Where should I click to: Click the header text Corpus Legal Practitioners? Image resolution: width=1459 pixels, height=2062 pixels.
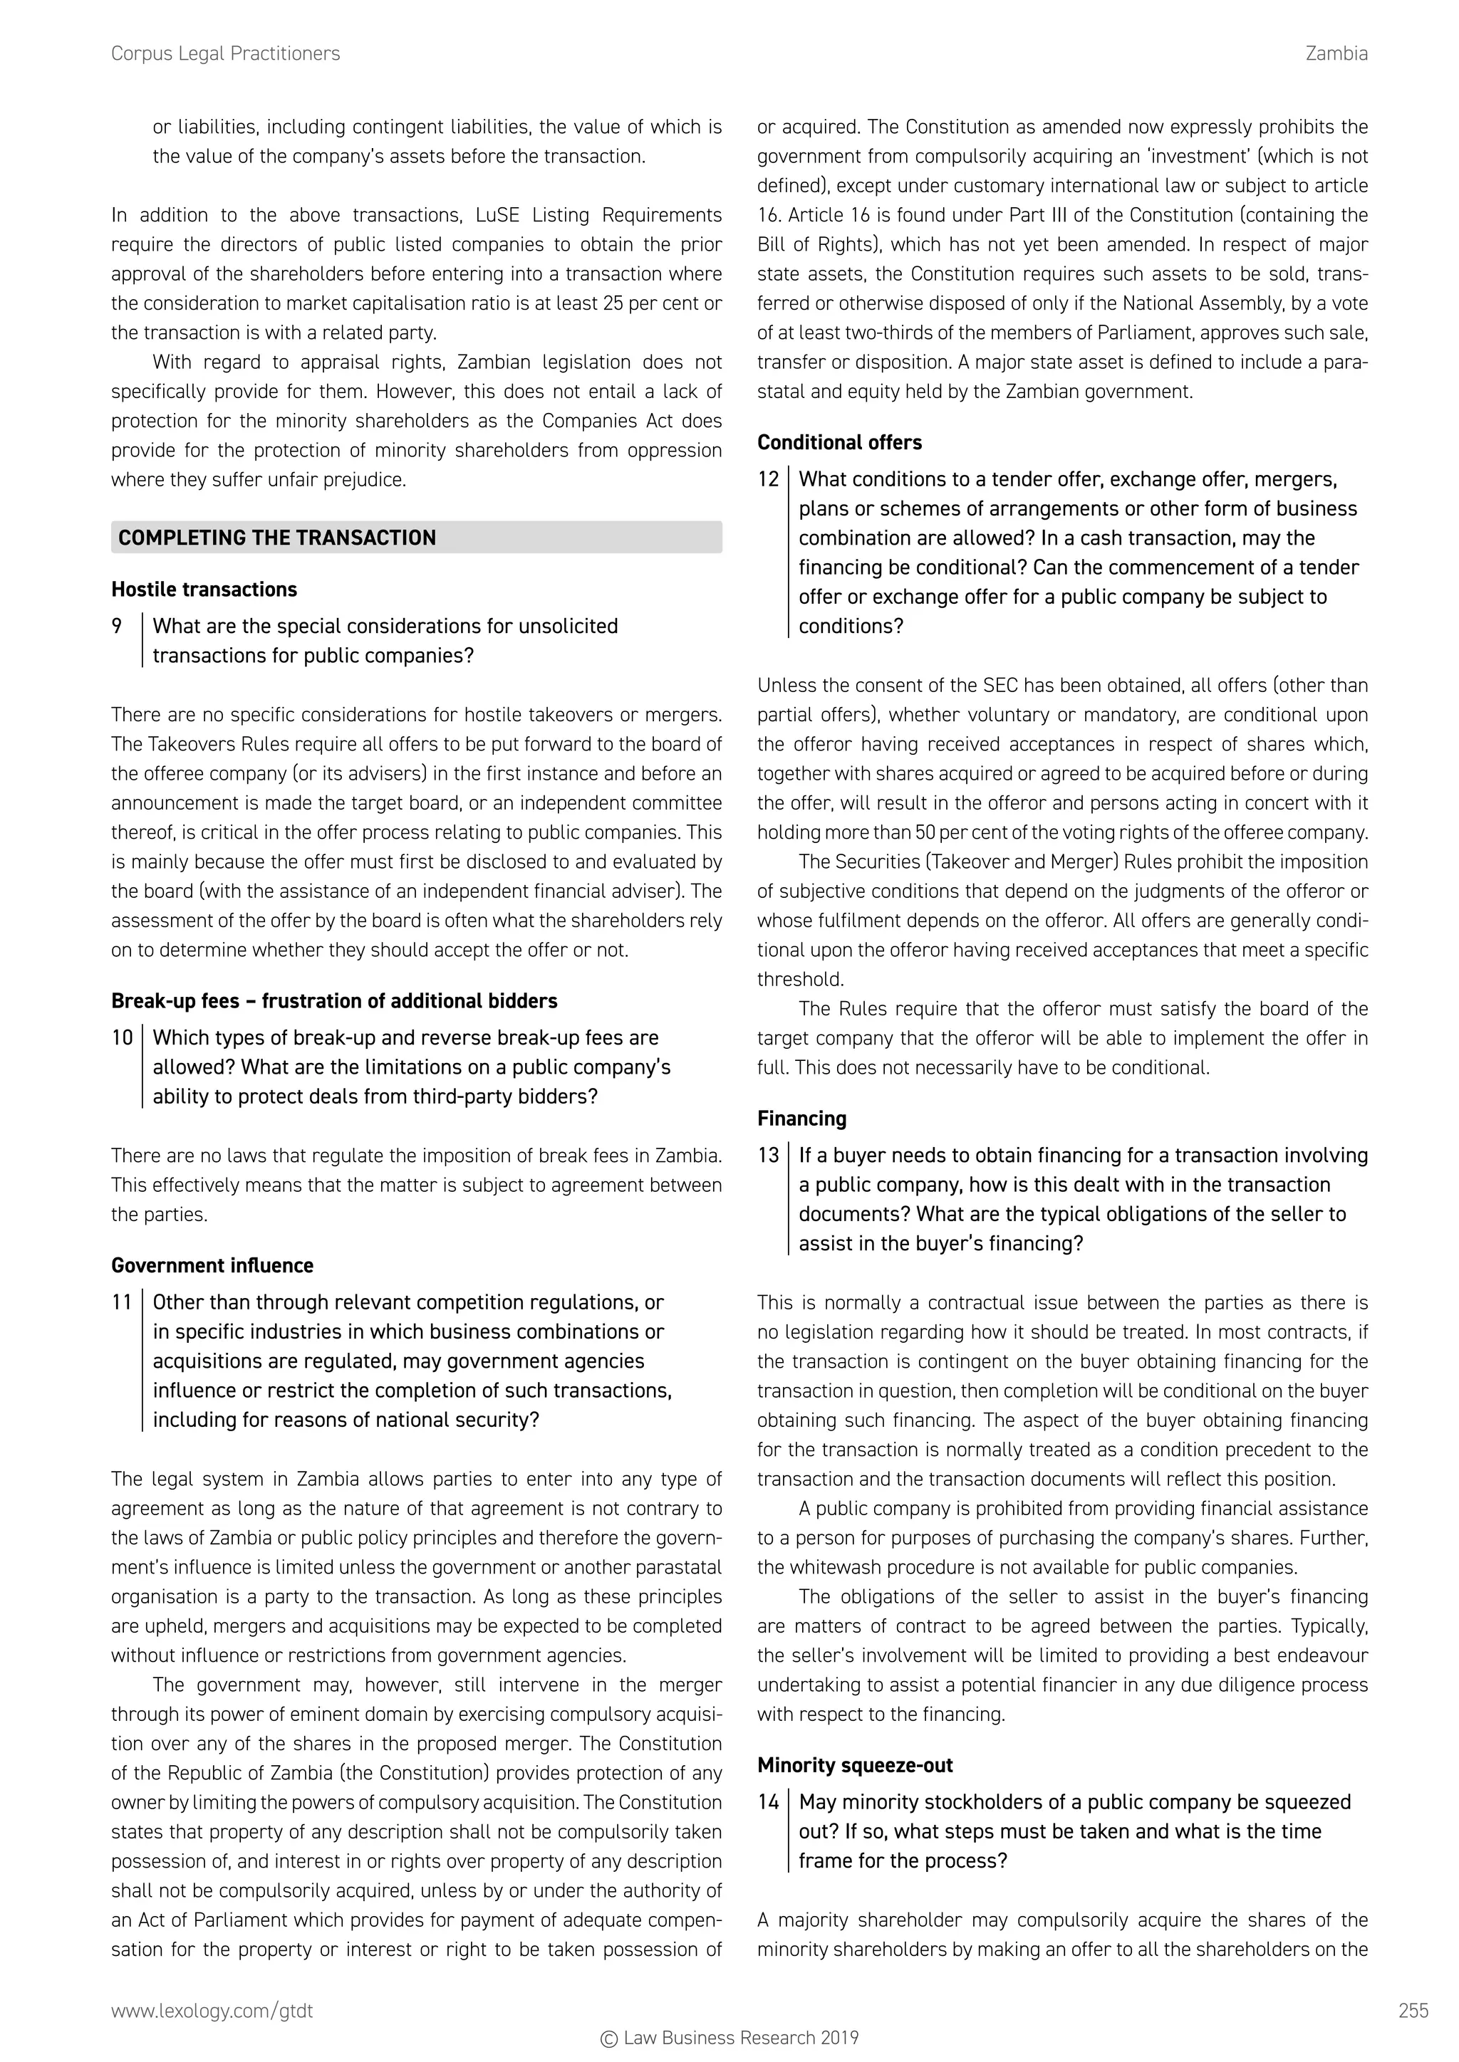coord(226,54)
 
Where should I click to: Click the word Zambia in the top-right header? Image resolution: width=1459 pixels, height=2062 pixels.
coord(1336,54)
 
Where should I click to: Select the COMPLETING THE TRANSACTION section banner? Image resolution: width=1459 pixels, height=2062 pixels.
coord(416,537)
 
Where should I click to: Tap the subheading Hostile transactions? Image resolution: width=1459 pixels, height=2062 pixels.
coord(204,589)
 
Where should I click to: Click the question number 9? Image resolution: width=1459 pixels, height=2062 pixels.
coord(117,626)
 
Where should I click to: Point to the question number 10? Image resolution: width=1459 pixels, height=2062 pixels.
coord(121,1037)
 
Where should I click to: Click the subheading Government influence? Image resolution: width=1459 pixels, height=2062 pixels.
coord(212,1265)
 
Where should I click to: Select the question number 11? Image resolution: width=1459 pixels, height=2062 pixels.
coord(121,1302)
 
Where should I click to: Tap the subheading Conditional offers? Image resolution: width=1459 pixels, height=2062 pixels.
coord(839,442)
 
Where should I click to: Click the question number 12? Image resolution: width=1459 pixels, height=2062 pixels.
coord(767,478)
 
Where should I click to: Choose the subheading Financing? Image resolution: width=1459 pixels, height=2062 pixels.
coord(801,1118)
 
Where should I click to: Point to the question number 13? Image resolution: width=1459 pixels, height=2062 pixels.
coord(767,1155)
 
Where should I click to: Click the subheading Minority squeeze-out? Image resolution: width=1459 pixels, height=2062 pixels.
coord(854,1765)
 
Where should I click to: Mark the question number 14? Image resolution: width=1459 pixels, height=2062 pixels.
coord(767,1801)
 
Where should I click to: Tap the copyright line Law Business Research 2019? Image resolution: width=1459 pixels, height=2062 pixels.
coord(729,2038)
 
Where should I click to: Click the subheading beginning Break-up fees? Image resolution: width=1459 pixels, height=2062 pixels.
coord(334,1000)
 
